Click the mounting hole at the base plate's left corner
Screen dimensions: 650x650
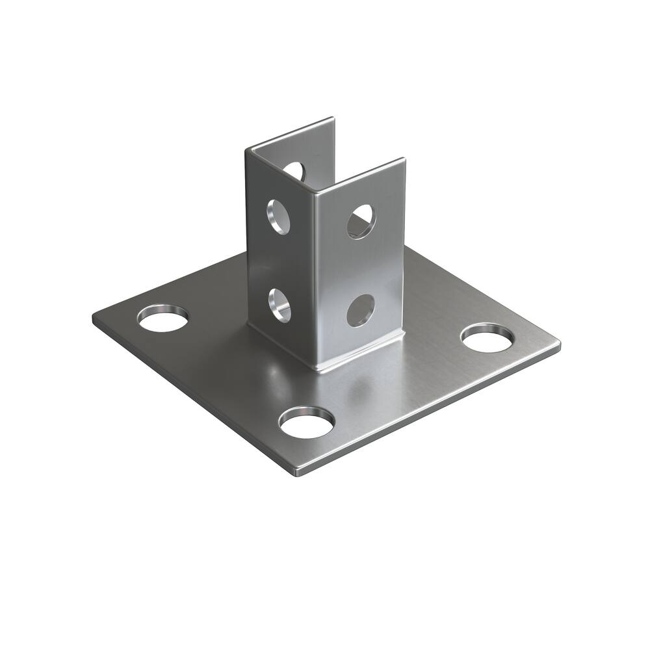pos(162,318)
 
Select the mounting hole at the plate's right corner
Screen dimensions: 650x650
pos(487,337)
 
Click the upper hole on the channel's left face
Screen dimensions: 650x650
pos(279,216)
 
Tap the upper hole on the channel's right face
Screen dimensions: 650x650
pos(361,222)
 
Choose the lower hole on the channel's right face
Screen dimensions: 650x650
pos(360,310)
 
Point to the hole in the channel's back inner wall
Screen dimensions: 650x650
pos(294,170)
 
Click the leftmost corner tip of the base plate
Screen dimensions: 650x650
pos(93,318)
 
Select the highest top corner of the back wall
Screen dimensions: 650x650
pos(333,118)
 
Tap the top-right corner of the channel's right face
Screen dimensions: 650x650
pos(404,159)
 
